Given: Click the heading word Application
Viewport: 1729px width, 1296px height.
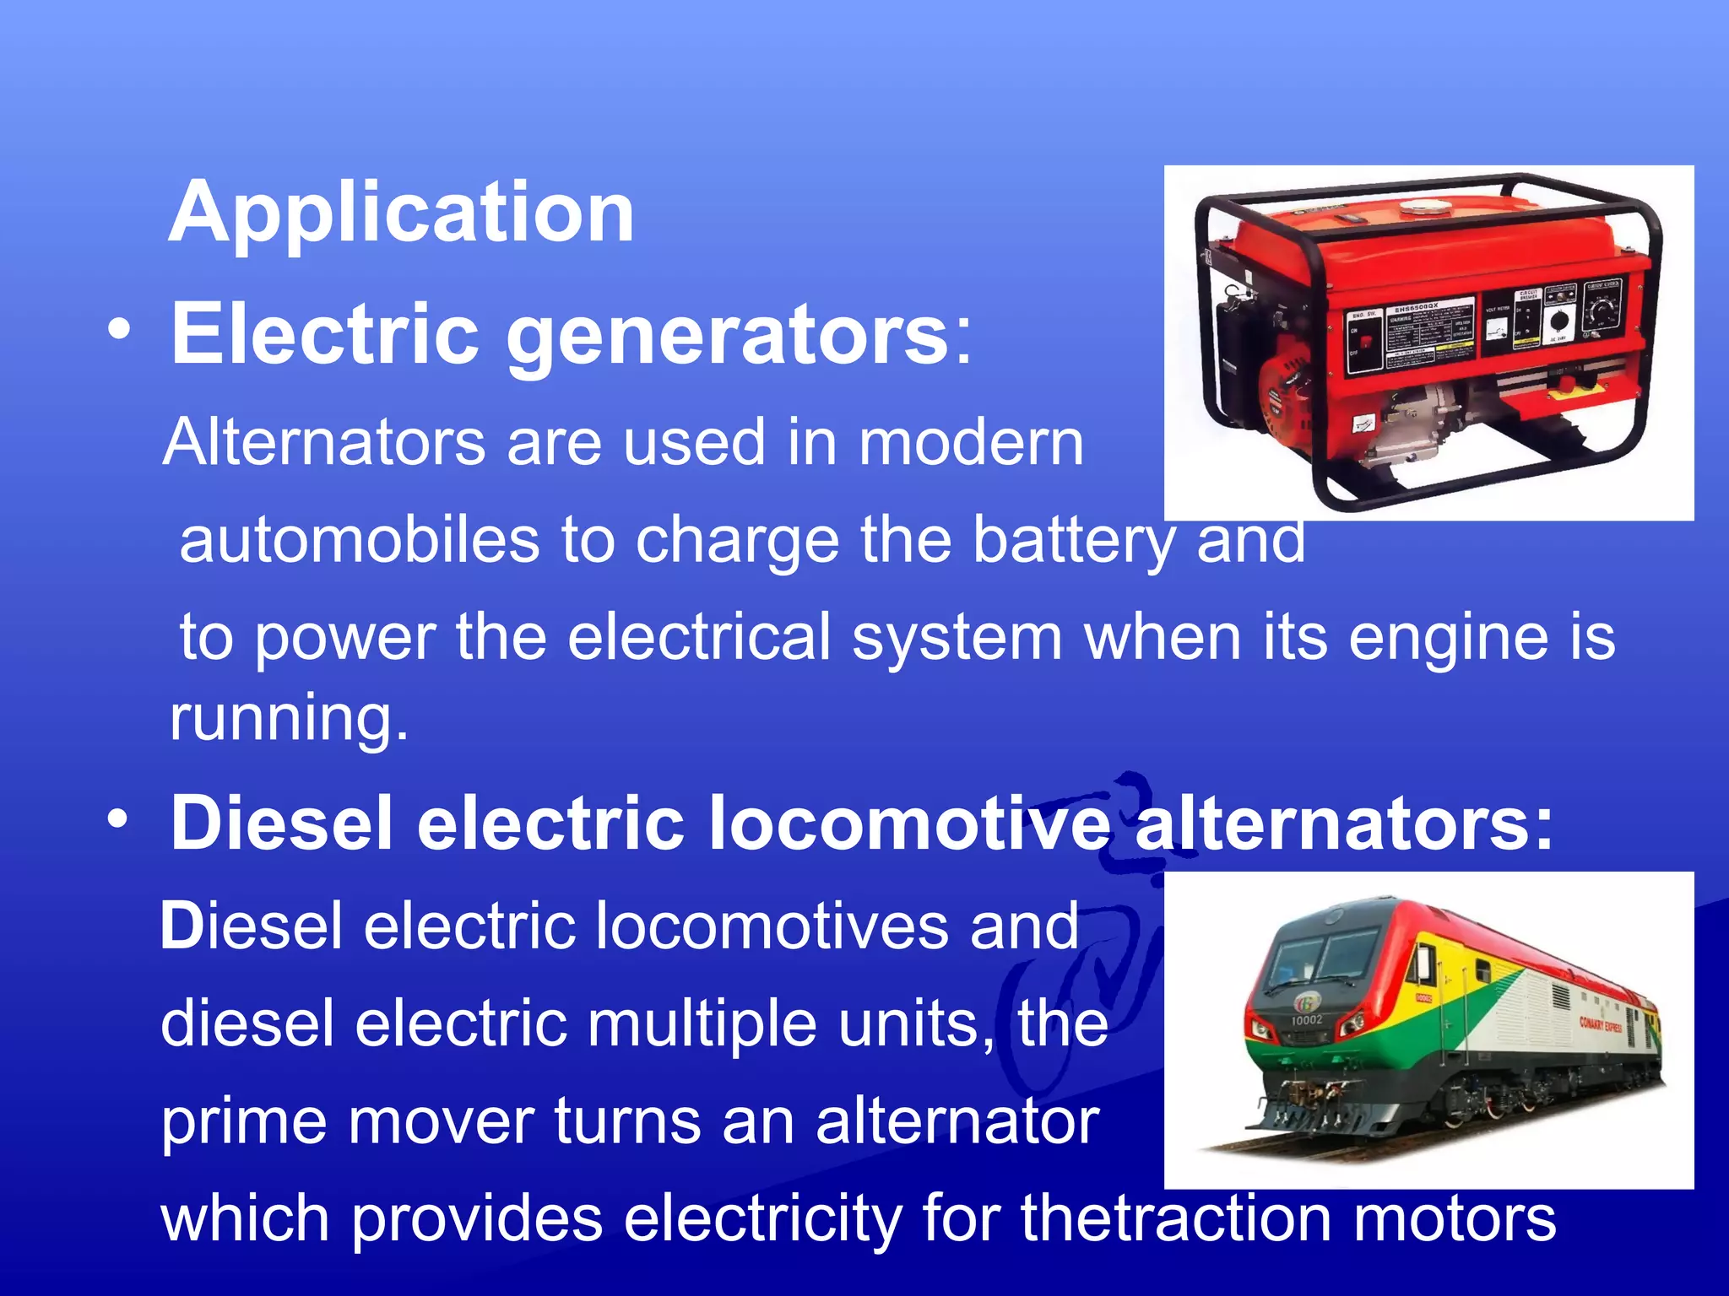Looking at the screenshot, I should (x=401, y=213).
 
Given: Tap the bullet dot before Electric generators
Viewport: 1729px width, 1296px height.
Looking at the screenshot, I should (x=120, y=331).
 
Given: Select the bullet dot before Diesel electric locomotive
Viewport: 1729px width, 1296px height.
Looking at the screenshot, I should (x=119, y=818).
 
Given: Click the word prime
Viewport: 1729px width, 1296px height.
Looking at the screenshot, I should (x=244, y=1121).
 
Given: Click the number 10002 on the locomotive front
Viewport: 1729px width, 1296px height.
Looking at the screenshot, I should (x=1306, y=1020).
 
